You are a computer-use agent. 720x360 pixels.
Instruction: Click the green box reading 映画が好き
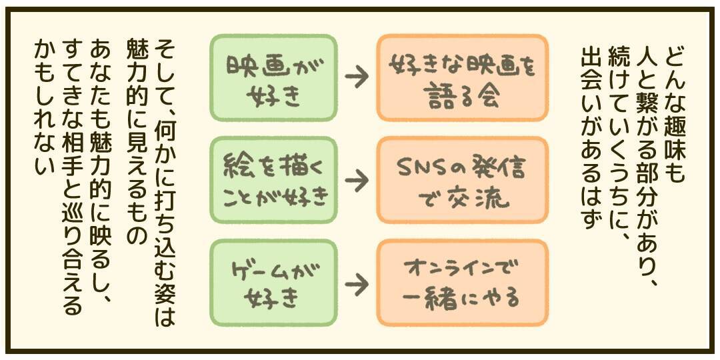(273, 78)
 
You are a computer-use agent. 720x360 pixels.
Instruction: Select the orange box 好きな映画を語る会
(462, 78)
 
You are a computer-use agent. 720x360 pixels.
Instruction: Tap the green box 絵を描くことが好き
(273, 180)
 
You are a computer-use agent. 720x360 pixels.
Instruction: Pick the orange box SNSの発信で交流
(462, 180)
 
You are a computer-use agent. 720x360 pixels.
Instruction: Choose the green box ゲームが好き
(273, 283)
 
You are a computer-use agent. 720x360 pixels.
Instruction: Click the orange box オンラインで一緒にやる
(462, 283)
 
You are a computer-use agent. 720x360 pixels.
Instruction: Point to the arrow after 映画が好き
(357, 78)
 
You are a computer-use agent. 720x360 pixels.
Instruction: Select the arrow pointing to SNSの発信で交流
(357, 180)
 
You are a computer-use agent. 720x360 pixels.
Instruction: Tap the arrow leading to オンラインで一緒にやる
(357, 284)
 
